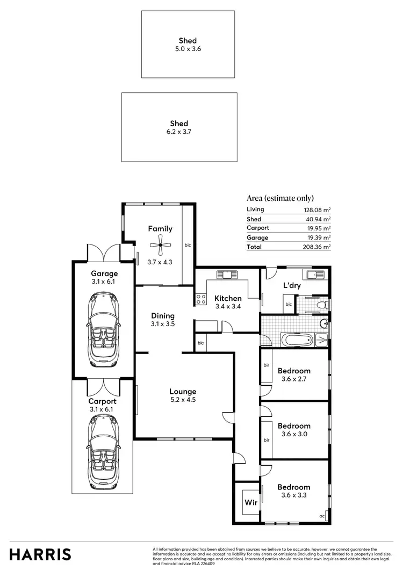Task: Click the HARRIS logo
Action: point(40,554)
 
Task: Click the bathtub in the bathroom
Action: point(297,340)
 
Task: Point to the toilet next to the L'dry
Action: point(321,305)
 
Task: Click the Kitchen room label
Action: point(228,298)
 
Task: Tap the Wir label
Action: point(250,503)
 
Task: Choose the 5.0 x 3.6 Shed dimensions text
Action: point(188,48)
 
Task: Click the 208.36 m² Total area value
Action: point(317,247)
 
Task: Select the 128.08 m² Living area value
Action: point(317,210)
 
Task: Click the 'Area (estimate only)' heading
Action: point(280,198)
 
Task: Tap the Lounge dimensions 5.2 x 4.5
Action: point(183,400)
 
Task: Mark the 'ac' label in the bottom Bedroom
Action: point(322,516)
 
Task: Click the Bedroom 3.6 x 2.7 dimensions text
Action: point(294,379)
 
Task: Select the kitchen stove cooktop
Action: point(201,299)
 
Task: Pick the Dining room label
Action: point(163,316)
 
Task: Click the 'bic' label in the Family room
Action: point(188,245)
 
